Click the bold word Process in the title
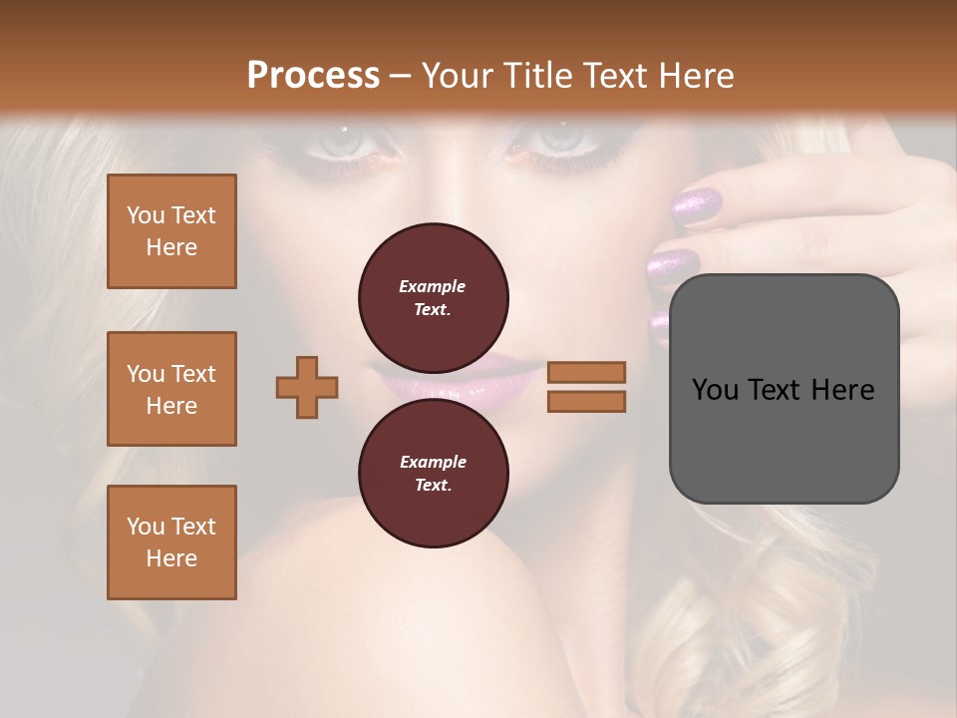(313, 76)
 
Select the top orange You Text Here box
(171, 231)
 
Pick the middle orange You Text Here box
(171, 389)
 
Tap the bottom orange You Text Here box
(171, 542)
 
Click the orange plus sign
(307, 387)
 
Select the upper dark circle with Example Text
(433, 298)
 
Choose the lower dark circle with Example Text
(433, 474)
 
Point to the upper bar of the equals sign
(586, 372)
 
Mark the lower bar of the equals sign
(586, 401)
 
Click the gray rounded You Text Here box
(784, 389)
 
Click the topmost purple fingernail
(697, 206)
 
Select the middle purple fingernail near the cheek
(673, 266)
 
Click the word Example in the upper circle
(433, 286)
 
